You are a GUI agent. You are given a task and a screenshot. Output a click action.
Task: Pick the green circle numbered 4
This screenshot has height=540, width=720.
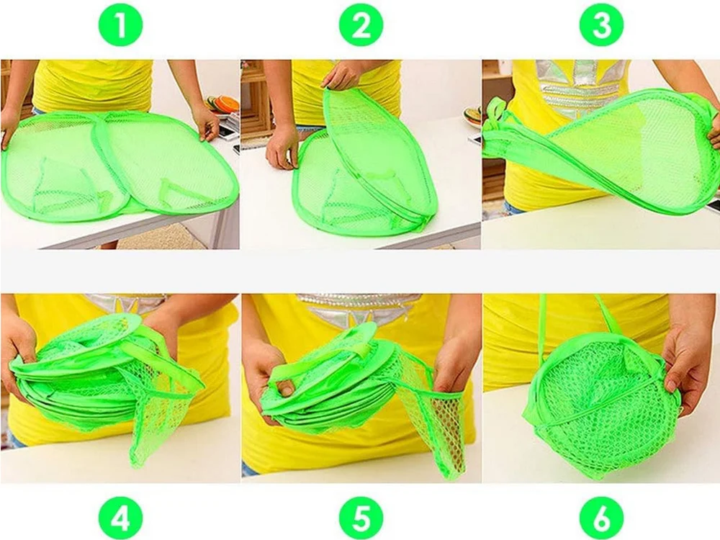click(x=121, y=518)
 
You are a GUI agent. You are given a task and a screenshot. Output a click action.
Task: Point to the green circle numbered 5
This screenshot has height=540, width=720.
click(x=361, y=518)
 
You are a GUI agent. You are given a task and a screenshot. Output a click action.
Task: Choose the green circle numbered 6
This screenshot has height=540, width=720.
click(x=601, y=518)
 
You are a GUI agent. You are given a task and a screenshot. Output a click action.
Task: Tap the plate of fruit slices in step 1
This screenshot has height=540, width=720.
click(x=223, y=105)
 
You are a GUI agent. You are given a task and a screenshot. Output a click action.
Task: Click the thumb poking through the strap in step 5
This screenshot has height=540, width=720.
click(x=286, y=389)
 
